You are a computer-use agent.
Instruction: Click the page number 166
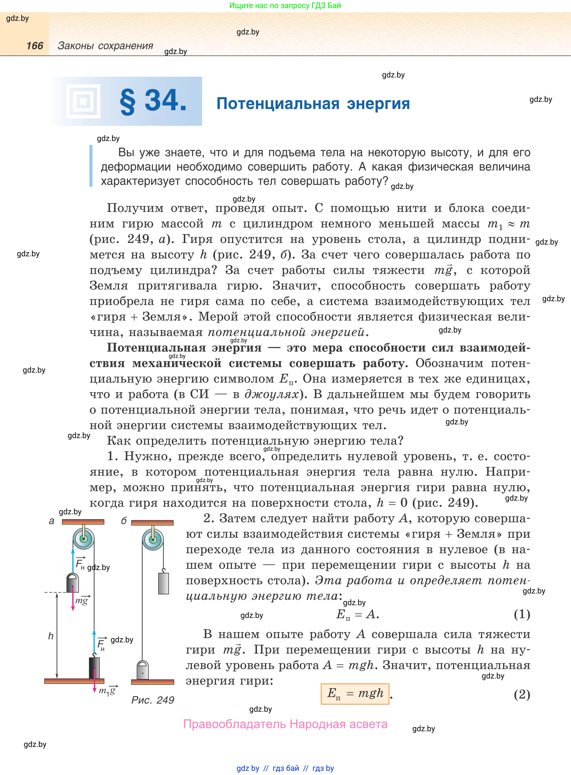coord(35,46)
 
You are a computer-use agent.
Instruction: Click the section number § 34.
coord(153,101)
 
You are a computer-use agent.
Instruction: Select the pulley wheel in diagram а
coord(83,538)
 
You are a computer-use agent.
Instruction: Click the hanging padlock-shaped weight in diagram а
coord(73,583)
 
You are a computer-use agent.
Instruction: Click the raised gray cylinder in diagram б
coord(164,583)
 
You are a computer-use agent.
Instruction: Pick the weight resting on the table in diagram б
coord(142,670)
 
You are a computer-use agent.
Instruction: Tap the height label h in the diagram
coord(51,636)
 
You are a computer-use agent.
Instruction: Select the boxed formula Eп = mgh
coord(355,694)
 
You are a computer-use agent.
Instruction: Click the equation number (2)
coord(522,694)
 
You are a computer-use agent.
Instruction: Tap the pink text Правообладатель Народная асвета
coord(285,724)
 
